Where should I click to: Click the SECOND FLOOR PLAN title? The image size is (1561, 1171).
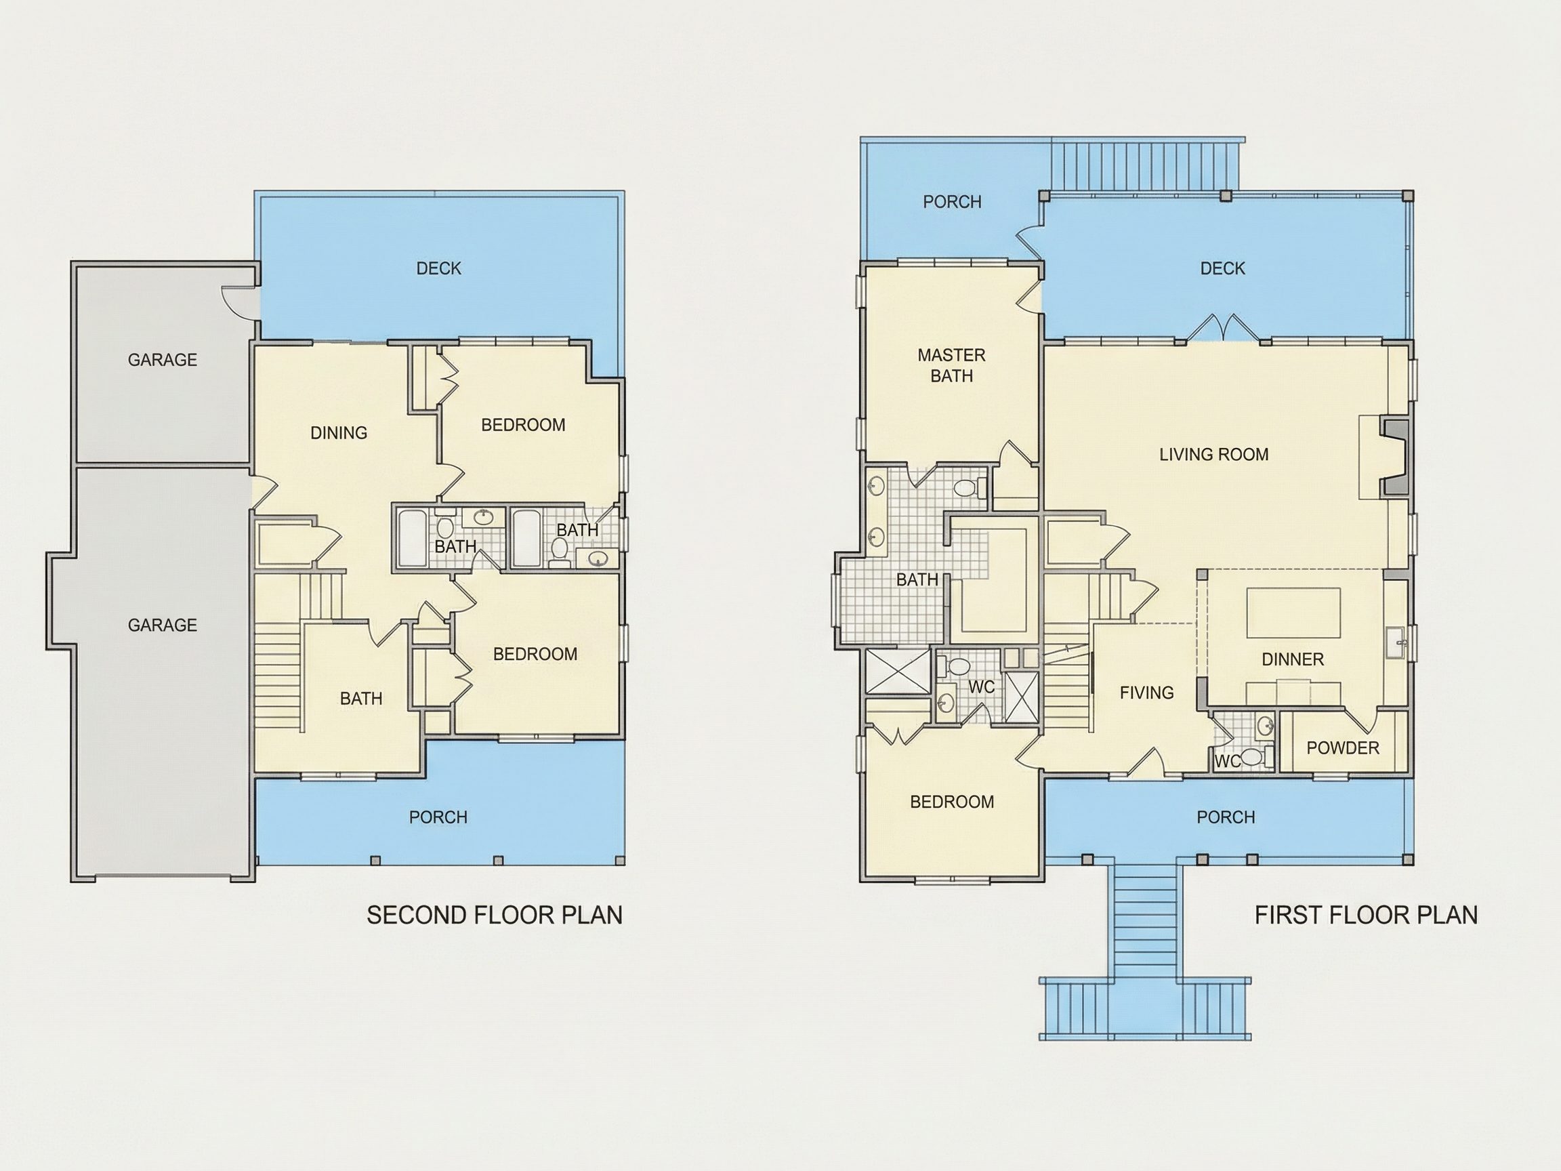pyautogui.click(x=495, y=916)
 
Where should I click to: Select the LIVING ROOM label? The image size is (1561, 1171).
pyautogui.click(x=1214, y=455)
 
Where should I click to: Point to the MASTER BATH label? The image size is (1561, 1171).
pyautogui.click(x=951, y=366)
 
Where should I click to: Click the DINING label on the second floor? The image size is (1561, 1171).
pyautogui.click(x=339, y=432)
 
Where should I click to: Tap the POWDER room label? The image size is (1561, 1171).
pyautogui.click(x=1343, y=748)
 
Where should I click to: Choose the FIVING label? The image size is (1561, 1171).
pyautogui.click(x=1147, y=693)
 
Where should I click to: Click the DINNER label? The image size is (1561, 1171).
pyautogui.click(x=1293, y=659)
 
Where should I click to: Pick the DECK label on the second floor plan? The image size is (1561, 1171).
pyautogui.click(x=438, y=268)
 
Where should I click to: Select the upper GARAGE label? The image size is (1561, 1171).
pyautogui.click(x=163, y=360)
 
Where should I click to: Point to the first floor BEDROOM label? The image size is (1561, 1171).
pyautogui.click(x=952, y=802)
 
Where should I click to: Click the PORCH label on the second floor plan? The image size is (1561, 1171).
pyautogui.click(x=438, y=817)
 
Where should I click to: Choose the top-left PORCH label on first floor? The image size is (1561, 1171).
pyautogui.click(x=952, y=202)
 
